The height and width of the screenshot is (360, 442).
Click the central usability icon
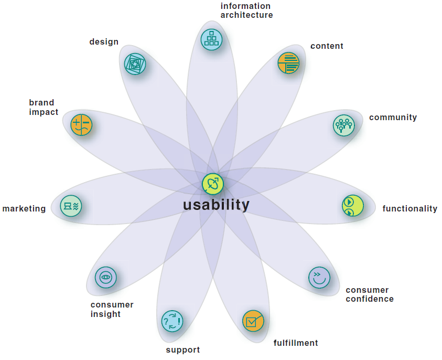click(x=213, y=184)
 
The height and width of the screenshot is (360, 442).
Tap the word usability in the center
click(x=216, y=205)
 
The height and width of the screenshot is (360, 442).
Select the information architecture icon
click(x=212, y=39)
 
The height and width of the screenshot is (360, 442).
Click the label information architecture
click(x=246, y=10)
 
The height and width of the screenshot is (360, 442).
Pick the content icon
click(x=288, y=63)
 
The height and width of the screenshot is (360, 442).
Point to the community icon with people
click(x=344, y=125)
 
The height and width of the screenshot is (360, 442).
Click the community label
click(x=393, y=118)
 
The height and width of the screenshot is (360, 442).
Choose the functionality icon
click(x=352, y=206)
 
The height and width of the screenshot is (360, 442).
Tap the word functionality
click(x=409, y=209)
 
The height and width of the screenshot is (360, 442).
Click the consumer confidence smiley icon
click(x=319, y=277)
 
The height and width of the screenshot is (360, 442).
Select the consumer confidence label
click(x=369, y=294)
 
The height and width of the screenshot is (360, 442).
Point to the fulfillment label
click(x=296, y=343)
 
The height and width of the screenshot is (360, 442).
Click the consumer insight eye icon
click(x=106, y=277)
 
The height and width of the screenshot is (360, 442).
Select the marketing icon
click(x=71, y=206)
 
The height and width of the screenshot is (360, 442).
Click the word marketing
click(x=24, y=209)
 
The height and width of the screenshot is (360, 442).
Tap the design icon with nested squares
click(x=135, y=63)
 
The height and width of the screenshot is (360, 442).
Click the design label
click(x=104, y=42)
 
